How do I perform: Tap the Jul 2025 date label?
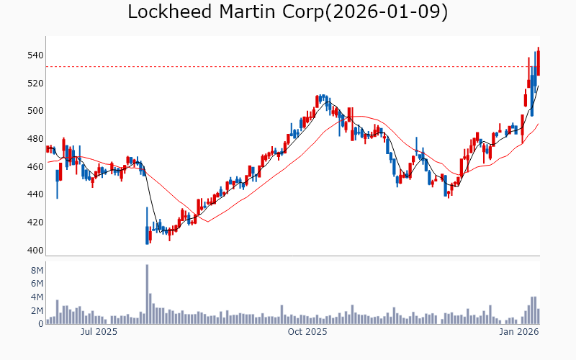99,332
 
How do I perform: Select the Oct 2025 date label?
307,332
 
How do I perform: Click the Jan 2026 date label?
520,332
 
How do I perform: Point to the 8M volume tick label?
37,270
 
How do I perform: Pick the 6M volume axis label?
37,284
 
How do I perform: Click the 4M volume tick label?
37,297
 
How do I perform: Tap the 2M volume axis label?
37,311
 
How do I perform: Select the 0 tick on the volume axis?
40,324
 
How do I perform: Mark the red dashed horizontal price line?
288,67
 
